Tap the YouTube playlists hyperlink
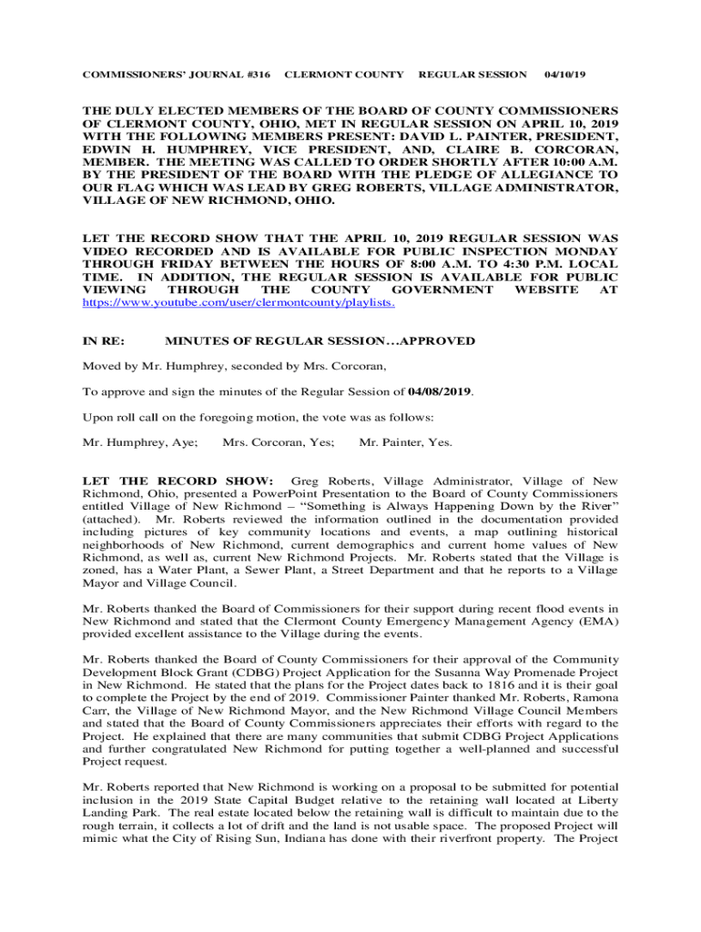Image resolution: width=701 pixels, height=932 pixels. click(x=239, y=302)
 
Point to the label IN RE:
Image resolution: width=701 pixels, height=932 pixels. click(x=103, y=341)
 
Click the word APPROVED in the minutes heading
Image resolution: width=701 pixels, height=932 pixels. click(x=438, y=341)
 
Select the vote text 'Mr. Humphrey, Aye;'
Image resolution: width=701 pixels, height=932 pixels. click(x=140, y=442)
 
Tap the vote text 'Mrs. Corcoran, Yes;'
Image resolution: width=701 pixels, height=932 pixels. click(x=278, y=442)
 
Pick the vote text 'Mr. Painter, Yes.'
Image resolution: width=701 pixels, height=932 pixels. click(x=406, y=442)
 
